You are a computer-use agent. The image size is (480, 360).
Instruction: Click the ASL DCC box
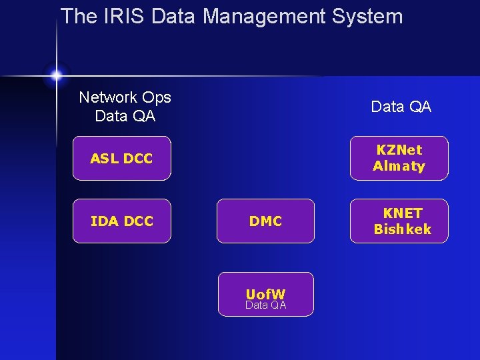[122, 159]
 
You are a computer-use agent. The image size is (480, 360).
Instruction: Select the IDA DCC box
[122, 221]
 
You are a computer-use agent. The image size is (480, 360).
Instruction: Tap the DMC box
[265, 221]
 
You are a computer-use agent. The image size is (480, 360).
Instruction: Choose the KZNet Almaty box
[399, 159]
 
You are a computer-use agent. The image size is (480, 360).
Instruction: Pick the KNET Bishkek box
[399, 221]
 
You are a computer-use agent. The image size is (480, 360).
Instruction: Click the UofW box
[265, 294]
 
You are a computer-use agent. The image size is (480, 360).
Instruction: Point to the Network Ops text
[125, 97]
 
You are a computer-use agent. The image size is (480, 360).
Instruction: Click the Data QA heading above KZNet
[401, 107]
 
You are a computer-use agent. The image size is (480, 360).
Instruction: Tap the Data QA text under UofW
[265, 305]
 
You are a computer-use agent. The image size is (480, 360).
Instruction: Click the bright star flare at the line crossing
[56, 75]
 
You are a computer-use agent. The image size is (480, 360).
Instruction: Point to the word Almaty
[399, 167]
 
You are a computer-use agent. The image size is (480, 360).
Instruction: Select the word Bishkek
[402, 229]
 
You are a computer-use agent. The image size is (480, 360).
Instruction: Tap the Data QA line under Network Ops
[125, 116]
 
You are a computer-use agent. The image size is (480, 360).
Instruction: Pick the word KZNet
[399, 150]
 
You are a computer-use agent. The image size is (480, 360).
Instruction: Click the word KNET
[402, 213]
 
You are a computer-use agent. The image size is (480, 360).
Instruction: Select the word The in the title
[79, 16]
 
